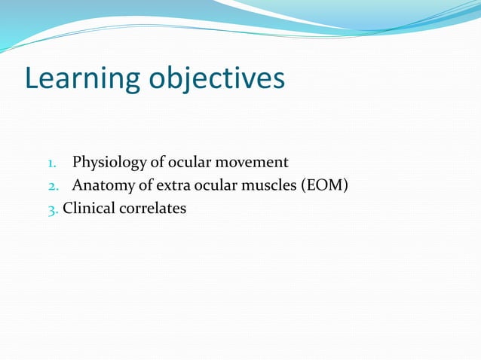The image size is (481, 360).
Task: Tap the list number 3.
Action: click(x=52, y=209)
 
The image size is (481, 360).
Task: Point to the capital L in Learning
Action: click(x=32, y=78)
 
